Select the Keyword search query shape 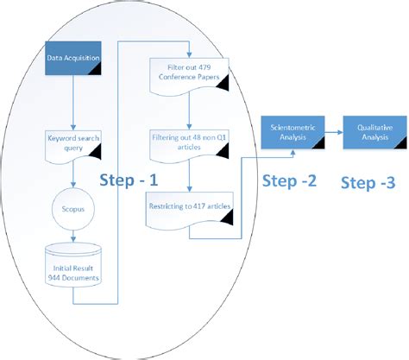click(x=73, y=143)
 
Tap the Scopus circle click(x=73, y=209)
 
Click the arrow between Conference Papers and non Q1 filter click(x=189, y=110)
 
